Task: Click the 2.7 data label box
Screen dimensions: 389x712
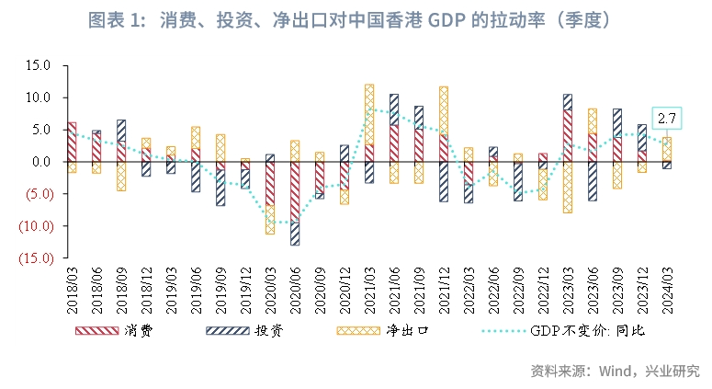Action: pyautogui.click(x=668, y=118)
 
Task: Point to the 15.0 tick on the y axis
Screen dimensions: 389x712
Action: pyautogui.click(x=39, y=65)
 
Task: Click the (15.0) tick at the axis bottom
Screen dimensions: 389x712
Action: pyautogui.click(x=36, y=258)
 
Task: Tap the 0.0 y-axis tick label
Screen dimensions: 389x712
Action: pyautogui.click(x=42, y=162)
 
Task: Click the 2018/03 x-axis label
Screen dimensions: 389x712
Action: pyautogui.click(x=73, y=288)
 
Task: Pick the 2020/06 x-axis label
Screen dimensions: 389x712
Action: pyautogui.click(x=295, y=288)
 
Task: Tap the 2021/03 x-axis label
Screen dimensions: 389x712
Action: pyautogui.click(x=369, y=288)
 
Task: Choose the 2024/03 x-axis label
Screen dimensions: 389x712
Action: pyautogui.click(x=666, y=288)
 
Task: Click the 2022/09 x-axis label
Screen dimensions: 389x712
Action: pyautogui.click(x=517, y=288)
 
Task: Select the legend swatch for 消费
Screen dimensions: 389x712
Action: pyautogui.click(x=96, y=328)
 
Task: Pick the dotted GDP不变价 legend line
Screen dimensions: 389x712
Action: pyautogui.click(x=501, y=328)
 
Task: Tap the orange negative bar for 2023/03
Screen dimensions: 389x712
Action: pyautogui.click(x=568, y=188)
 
